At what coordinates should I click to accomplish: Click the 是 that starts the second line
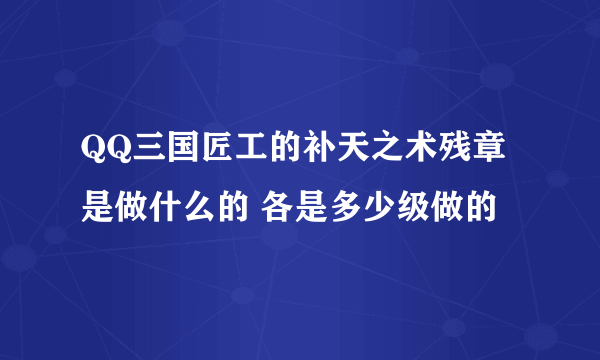click(98, 208)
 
